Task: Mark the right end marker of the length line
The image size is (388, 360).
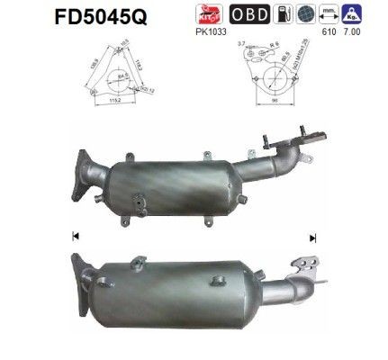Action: tap(312, 237)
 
